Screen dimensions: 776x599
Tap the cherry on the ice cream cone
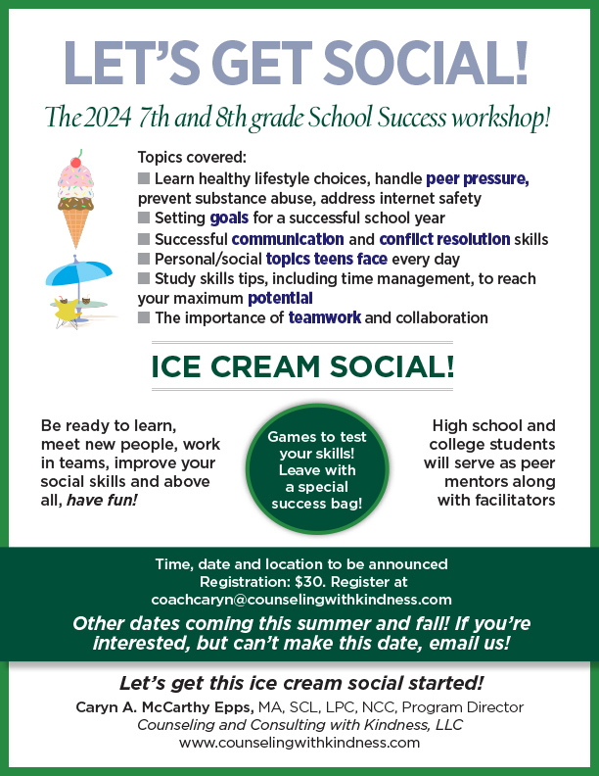click(x=76, y=161)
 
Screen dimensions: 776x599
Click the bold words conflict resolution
click(x=445, y=239)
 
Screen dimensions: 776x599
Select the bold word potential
click(x=280, y=298)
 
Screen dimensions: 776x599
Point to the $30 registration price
click(x=316, y=581)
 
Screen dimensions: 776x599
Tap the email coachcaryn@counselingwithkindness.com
click(x=300, y=599)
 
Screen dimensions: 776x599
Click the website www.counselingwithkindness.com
click(x=299, y=743)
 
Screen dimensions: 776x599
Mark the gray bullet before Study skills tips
click(x=144, y=278)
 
